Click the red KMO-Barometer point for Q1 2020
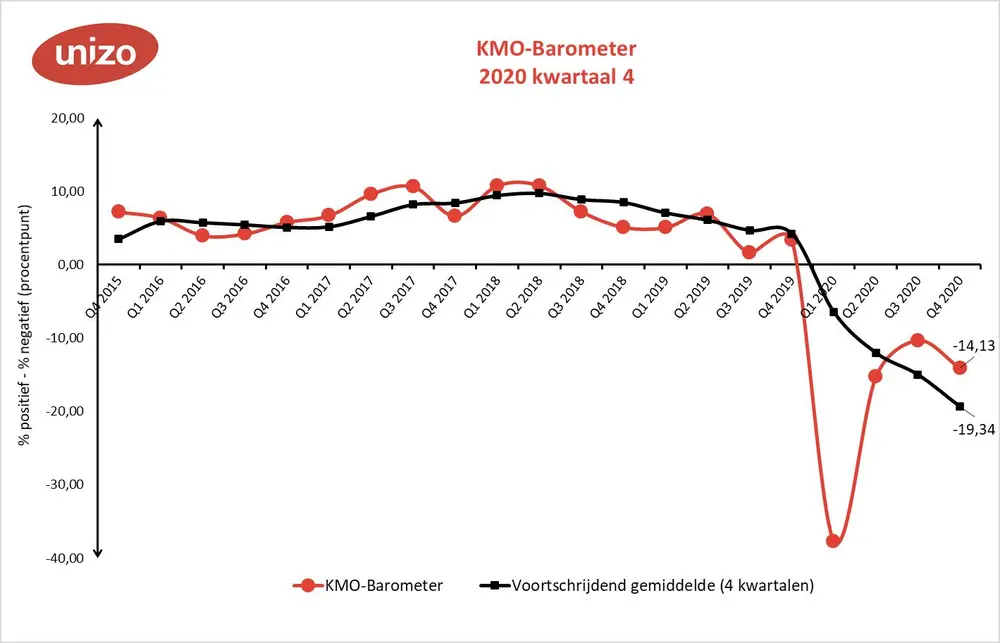[x=833, y=540]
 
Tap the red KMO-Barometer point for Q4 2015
[x=118, y=211]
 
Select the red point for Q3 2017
[x=412, y=187]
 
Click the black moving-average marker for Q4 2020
[x=959, y=406]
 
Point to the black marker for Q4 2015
[x=118, y=239]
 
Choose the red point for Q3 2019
[x=749, y=253]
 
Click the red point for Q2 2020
[x=875, y=376]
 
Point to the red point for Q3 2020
[x=917, y=341]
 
